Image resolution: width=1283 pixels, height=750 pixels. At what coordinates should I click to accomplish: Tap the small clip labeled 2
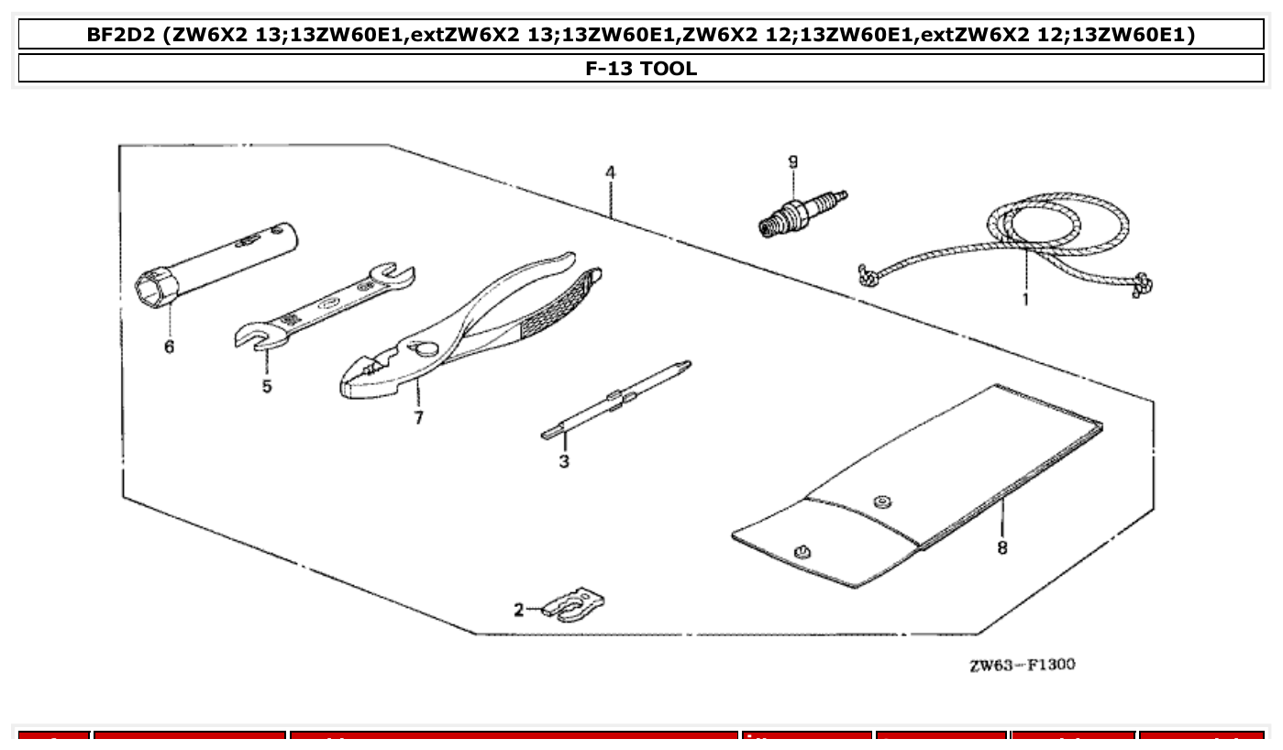[574, 606]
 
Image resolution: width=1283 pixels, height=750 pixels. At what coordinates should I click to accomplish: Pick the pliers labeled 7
[459, 330]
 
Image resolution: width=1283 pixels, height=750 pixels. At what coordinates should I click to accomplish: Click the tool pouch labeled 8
[917, 486]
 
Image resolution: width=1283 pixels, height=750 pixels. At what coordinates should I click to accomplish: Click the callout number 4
[610, 172]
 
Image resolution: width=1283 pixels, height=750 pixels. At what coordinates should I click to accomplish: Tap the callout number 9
[792, 162]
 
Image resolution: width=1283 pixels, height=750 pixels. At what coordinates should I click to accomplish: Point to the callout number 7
[418, 418]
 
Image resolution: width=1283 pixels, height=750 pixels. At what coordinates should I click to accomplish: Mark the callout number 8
[1001, 547]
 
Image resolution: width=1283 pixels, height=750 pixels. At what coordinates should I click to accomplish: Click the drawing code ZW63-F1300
[1022, 664]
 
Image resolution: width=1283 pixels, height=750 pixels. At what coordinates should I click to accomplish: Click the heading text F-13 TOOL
[641, 68]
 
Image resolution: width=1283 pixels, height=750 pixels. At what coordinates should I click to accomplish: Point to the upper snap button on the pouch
[881, 501]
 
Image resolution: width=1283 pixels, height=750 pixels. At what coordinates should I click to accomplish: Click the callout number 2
[519, 609]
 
